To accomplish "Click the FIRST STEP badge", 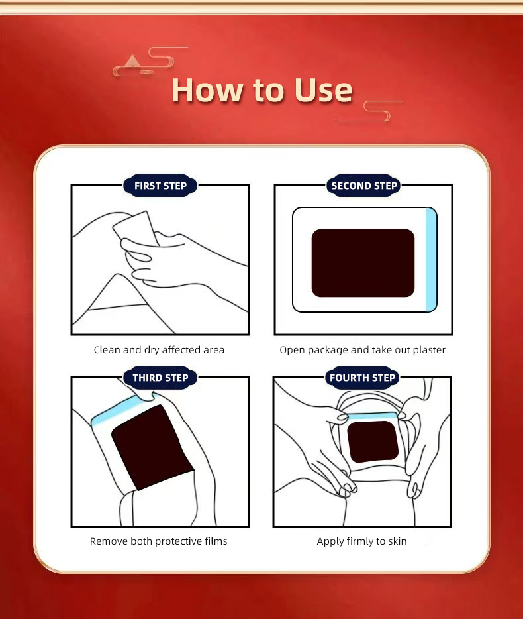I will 160,186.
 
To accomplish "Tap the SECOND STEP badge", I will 363,186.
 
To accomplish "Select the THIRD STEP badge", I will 160,378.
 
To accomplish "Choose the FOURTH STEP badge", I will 362,378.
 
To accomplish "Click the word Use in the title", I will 316,90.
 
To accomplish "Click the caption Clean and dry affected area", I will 159,349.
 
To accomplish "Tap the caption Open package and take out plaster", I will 362,349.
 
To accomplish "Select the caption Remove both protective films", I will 158,541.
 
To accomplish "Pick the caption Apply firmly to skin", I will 361,541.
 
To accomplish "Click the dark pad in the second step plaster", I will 363,263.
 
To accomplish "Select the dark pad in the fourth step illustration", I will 372,441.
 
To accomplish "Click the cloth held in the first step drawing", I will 136,229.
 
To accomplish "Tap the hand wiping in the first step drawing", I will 179,262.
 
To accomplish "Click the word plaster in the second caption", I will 428,349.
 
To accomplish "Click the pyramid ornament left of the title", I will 132,61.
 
